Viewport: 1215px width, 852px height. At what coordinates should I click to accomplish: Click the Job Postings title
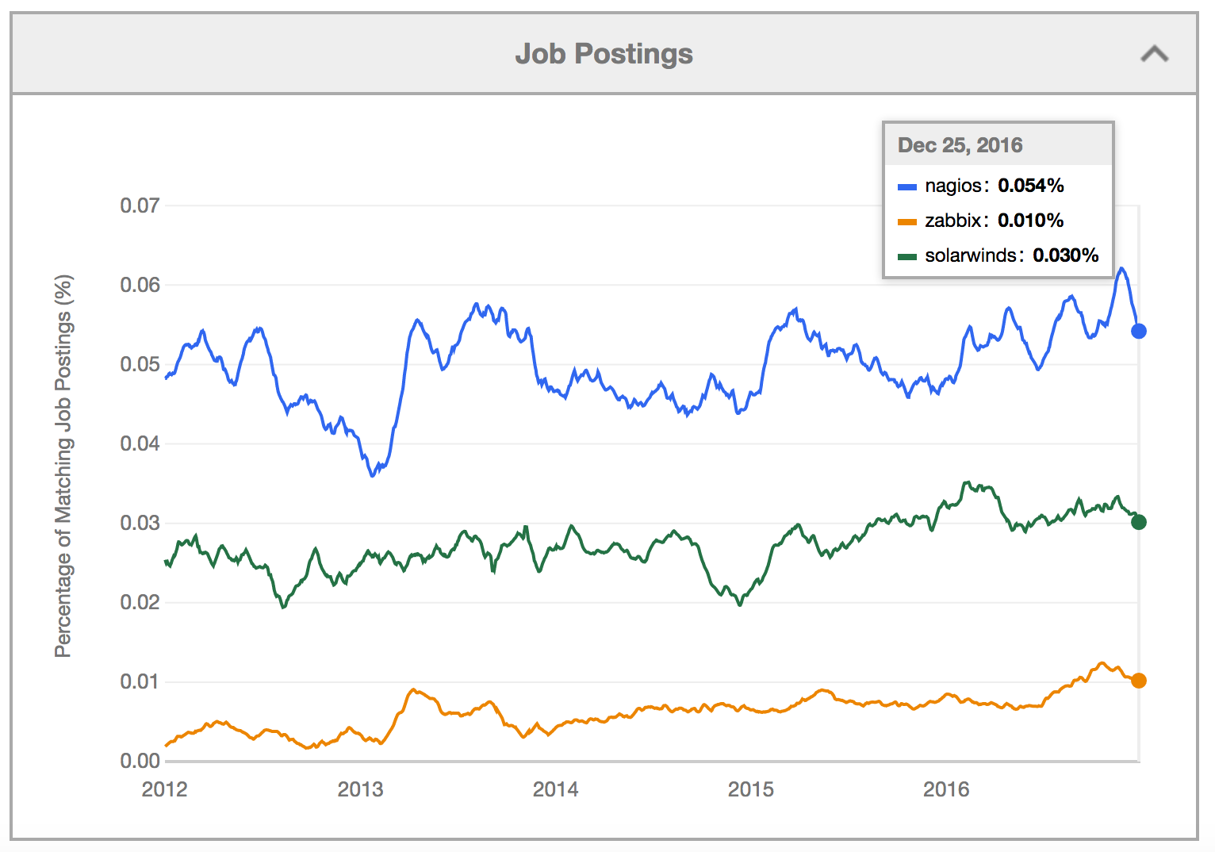[x=604, y=54]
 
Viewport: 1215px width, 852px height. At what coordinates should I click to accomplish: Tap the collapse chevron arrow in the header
[x=1154, y=54]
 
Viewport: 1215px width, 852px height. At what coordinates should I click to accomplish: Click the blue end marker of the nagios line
[x=1138, y=331]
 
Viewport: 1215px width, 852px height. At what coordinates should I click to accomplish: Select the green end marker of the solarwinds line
[x=1138, y=522]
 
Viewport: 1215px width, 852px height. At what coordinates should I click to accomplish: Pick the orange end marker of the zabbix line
[x=1138, y=681]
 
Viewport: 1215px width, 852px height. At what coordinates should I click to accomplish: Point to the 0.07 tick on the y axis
[x=140, y=206]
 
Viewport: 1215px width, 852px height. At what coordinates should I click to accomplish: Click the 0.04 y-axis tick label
[x=140, y=443]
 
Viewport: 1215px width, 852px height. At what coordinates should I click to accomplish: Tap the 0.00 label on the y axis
[x=140, y=762]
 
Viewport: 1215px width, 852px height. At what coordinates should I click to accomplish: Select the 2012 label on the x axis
[x=164, y=789]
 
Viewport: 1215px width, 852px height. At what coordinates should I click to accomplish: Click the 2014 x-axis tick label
[x=555, y=789]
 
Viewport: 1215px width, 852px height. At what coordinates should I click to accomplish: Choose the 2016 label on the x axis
[x=946, y=789]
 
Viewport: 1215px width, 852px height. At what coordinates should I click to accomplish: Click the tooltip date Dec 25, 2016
[x=960, y=145]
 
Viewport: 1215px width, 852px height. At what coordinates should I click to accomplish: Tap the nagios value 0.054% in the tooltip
[x=1030, y=186]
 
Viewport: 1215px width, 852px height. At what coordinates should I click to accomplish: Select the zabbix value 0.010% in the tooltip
[x=1030, y=221]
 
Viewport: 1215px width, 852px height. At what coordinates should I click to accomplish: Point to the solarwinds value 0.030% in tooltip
[x=1065, y=255]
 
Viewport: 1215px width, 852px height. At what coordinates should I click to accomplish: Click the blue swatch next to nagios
[x=906, y=187]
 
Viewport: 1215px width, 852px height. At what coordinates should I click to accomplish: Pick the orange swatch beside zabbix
[x=906, y=222]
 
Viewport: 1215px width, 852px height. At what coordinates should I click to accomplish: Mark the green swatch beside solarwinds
[x=906, y=257]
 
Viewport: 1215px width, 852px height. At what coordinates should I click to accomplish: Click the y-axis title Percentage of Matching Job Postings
[x=63, y=466]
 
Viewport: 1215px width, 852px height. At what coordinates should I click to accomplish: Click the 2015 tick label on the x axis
[x=750, y=789]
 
